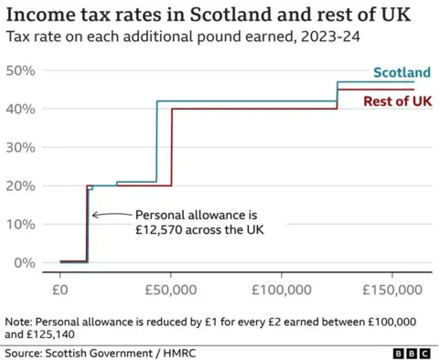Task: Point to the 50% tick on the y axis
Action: pyautogui.click(x=20, y=70)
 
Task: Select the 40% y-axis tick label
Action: pyautogui.click(x=20, y=109)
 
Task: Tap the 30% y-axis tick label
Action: pyautogui.click(x=20, y=147)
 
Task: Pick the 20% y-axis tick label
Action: pyautogui.click(x=20, y=185)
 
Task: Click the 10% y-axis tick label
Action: pyautogui.click(x=20, y=224)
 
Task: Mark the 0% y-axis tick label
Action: pyautogui.click(x=23, y=262)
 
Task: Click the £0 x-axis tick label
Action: pyautogui.click(x=60, y=290)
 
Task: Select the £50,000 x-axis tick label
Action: pyautogui.click(x=171, y=290)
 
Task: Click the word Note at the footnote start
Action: pyautogui.click(x=18, y=322)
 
